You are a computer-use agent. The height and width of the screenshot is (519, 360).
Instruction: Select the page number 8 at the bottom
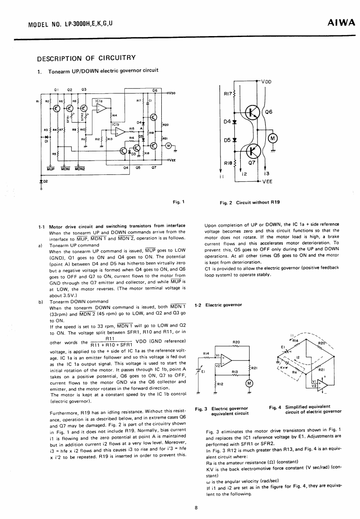tap(196, 507)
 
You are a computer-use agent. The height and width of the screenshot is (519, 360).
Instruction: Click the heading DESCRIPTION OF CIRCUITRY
tap(86, 58)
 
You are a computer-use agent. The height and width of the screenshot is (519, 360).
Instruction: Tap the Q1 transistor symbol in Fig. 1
tap(56, 109)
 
